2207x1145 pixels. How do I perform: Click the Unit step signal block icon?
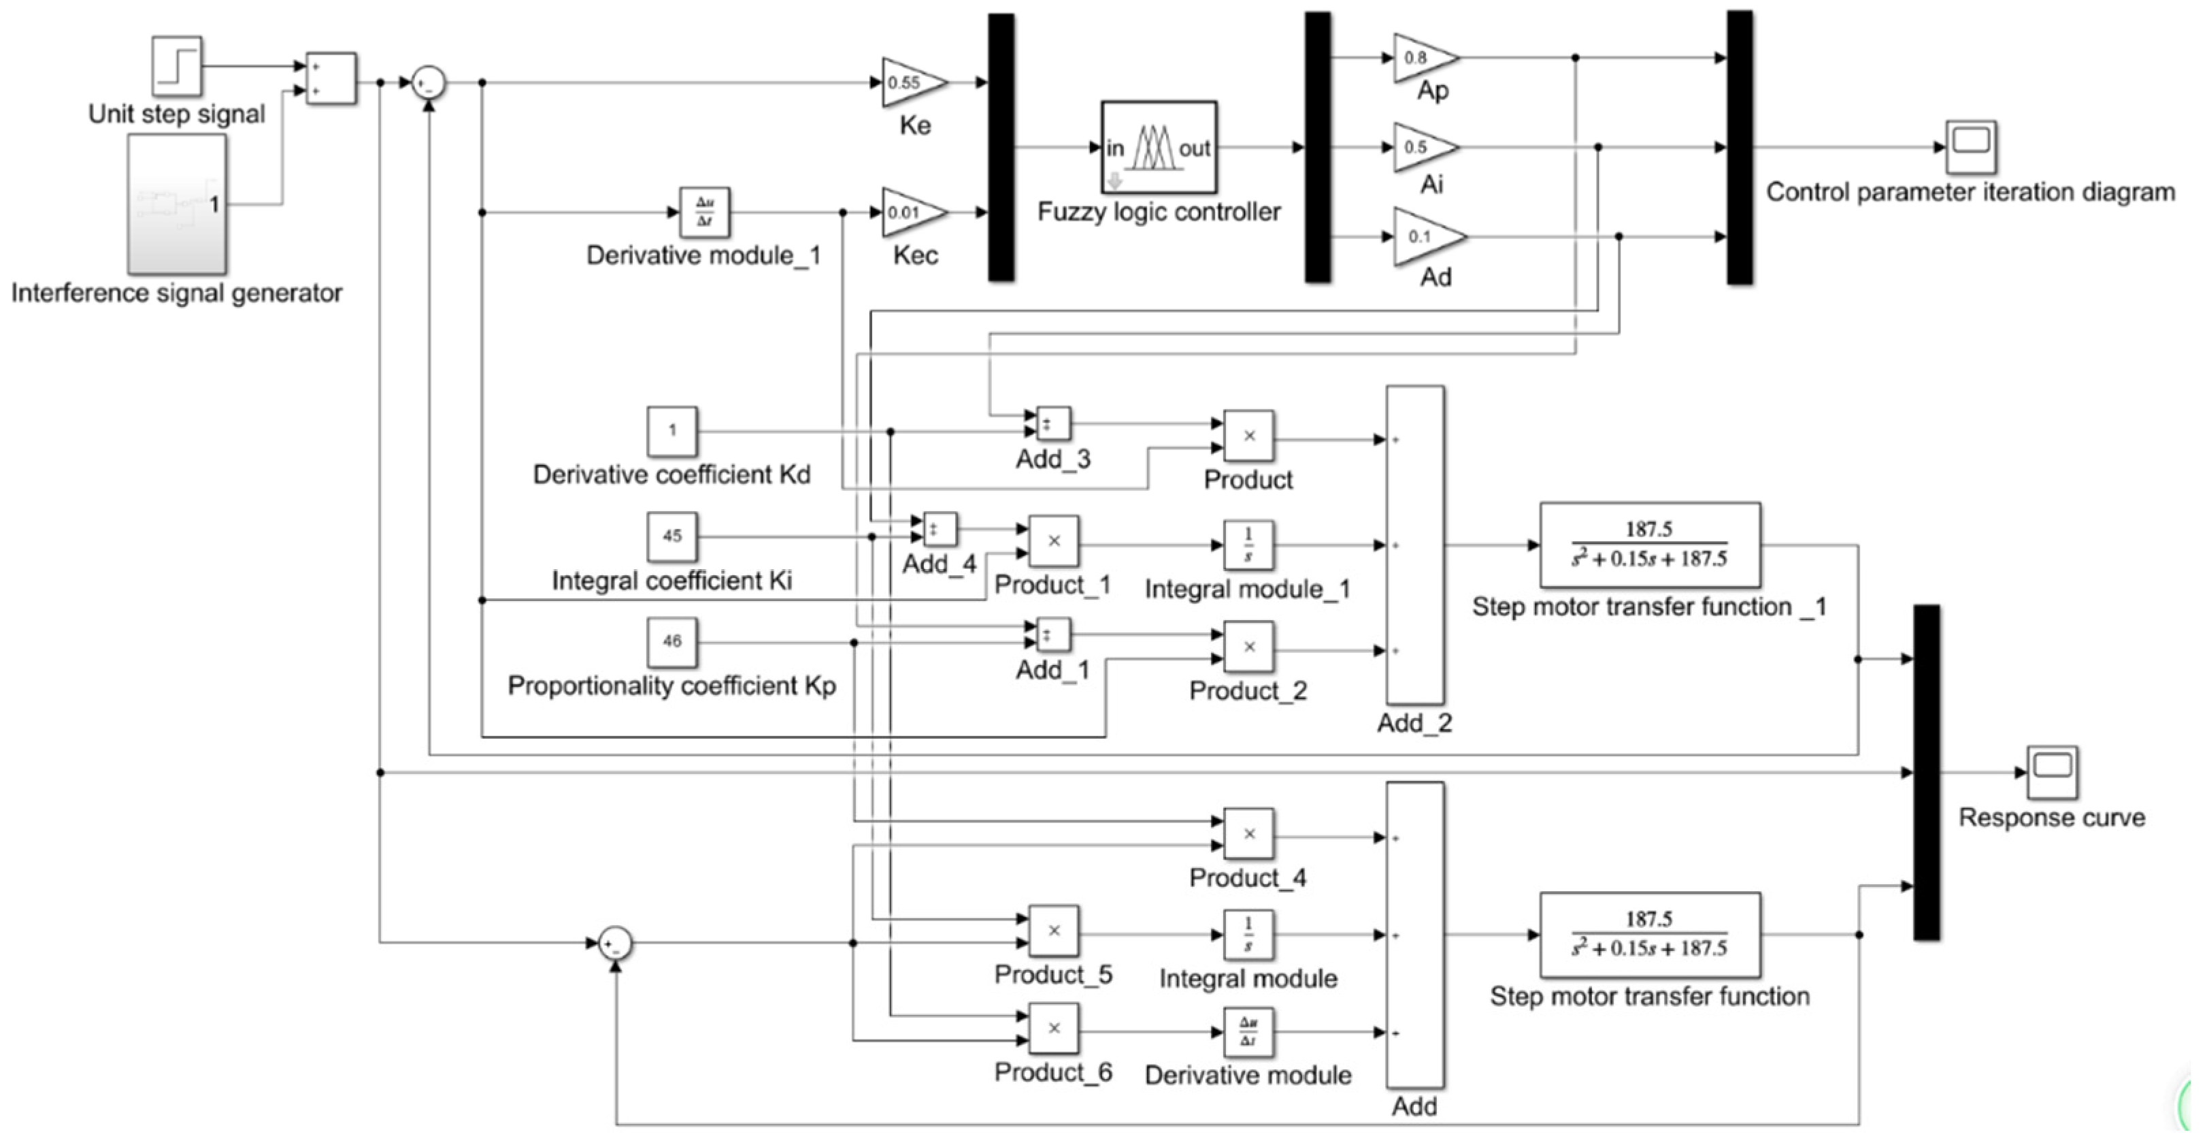[x=176, y=65]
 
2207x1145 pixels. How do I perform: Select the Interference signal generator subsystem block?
[x=176, y=204]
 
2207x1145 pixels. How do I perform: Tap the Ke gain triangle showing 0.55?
[x=911, y=82]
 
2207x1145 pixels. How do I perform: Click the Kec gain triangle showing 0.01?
[x=911, y=212]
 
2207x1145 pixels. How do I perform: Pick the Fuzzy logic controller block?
[x=1159, y=148]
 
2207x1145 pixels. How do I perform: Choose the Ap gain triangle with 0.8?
[x=1421, y=57]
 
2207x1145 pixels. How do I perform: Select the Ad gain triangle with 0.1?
[x=1426, y=236]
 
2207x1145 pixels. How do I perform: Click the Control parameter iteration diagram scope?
[x=1970, y=146]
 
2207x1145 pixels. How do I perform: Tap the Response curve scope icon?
[x=2052, y=771]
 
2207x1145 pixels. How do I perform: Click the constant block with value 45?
[x=671, y=536]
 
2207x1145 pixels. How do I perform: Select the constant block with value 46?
[x=671, y=642]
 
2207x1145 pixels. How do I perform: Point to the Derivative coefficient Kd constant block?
[x=671, y=431]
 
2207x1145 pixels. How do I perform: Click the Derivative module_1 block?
[x=704, y=212]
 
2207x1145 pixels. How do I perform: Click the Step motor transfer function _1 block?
[x=1649, y=545]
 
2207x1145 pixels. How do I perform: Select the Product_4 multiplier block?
[x=1248, y=834]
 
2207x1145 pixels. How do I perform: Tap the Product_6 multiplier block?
[x=1053, y=1029]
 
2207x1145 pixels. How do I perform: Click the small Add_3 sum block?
[x=1053, y=423]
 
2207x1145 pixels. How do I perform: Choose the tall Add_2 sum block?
[x=1414, y=545]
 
